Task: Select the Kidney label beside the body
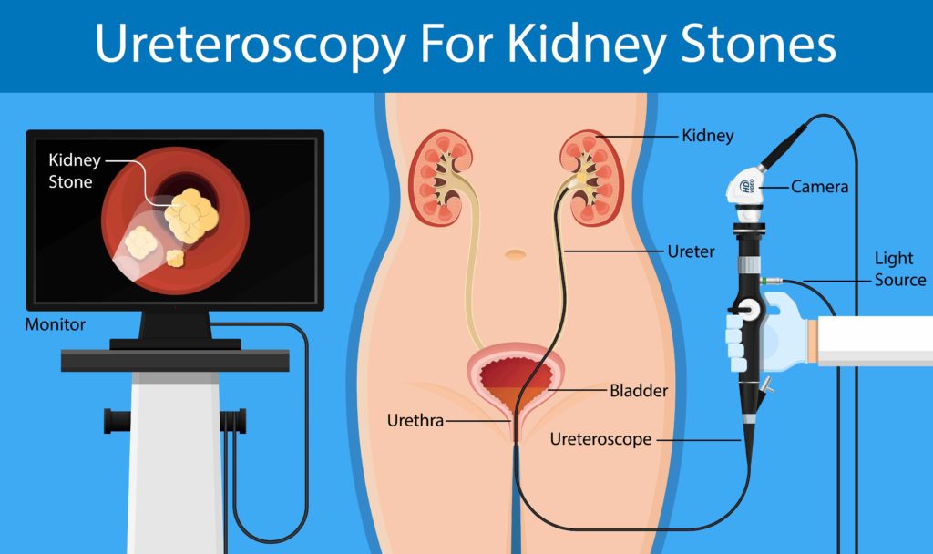tap(707, 136)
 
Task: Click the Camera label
tap(819, 187)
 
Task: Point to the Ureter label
tap(691, 251)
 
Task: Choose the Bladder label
tap(639, 391)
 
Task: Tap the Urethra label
tap(415, 421)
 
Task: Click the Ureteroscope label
tap(601, 440)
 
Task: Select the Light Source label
tap(899, 269)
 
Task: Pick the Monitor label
tap(55, 325)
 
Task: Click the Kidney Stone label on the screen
tap(75, 170)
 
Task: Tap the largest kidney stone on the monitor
tap(191, 216)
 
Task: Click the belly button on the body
tap(516, 255)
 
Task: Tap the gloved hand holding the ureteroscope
tap(767, 331)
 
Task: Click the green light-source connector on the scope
tap(764, 280)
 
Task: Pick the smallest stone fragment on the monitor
tap(175, 258)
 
